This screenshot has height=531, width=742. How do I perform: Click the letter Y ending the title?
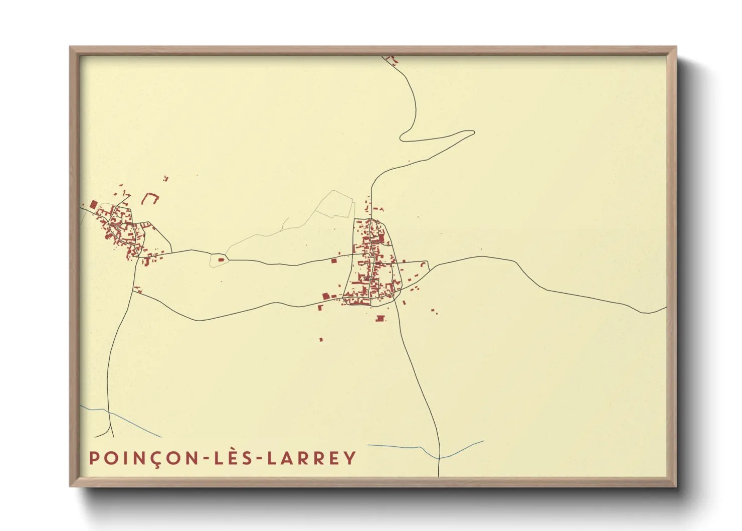click(x=350, y=458)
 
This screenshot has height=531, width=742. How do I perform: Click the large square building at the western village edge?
click(x=94, y=204)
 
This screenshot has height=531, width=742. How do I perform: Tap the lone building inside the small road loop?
click(x=221, y=259)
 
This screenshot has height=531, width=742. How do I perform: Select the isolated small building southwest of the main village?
click(x=321, y=340)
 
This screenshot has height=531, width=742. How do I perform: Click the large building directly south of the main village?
click(x=380, y=318)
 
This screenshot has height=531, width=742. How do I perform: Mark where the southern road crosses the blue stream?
click(x=439, y=458)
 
